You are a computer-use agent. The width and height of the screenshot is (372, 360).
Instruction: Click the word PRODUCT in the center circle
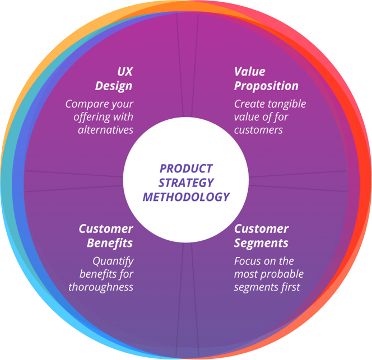(186, 169)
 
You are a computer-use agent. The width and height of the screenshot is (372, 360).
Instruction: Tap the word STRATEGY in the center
(186, 183)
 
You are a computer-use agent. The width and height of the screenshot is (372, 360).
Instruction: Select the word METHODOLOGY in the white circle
(186, 197)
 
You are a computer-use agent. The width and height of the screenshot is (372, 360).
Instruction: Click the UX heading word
(124, 72)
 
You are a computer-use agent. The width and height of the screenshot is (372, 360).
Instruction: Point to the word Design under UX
(114, 86)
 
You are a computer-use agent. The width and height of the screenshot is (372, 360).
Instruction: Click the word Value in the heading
(249, 72)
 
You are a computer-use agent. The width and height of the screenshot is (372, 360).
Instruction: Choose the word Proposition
(266, 86)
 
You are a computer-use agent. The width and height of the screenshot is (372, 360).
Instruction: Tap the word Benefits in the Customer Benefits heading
(110, 243)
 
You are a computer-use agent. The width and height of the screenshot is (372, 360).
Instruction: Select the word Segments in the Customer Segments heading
(261, 243)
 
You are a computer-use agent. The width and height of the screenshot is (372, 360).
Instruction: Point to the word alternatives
(105, 130)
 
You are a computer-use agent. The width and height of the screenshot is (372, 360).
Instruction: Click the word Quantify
(113, 261)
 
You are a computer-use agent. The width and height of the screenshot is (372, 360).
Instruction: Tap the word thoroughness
(101, 287)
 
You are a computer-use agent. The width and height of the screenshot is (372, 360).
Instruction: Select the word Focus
(248, 261)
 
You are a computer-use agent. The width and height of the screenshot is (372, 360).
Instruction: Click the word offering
(92, 117)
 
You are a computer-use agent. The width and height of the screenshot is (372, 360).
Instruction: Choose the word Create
(248, 104)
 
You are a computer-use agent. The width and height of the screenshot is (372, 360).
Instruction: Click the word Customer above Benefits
(106, 228)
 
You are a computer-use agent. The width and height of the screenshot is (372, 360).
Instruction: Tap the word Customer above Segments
(261, 228)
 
